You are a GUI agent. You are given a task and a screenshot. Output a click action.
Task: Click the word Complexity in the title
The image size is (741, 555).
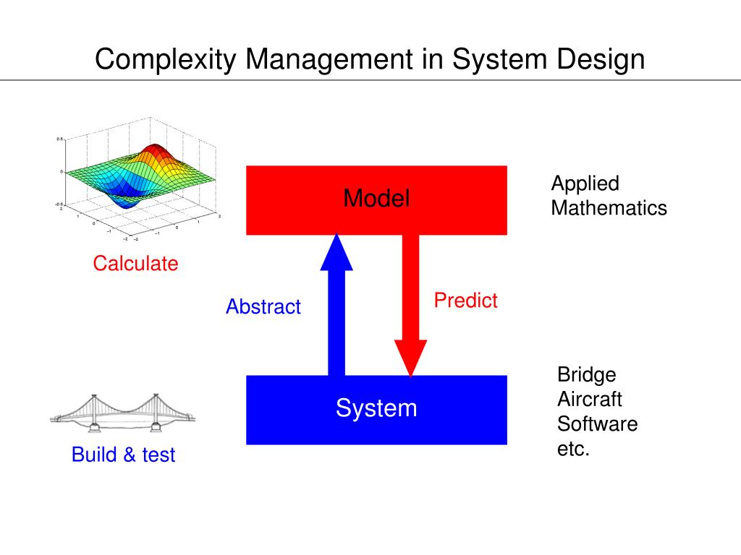pos(165,59)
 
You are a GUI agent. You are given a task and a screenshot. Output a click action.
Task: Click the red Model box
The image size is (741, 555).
pos(376,199)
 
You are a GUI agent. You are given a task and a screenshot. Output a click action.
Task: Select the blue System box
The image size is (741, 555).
pos(376,409)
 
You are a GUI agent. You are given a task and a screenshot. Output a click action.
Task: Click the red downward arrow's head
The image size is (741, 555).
pos(410,357)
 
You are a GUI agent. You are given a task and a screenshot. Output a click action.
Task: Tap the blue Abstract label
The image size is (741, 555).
pos(263,306)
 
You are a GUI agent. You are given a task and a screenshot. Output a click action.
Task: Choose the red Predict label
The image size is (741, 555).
pos(465,301)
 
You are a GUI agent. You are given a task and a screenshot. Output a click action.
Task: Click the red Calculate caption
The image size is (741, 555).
pos(135,264)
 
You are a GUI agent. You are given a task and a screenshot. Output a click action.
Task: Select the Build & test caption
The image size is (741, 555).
pos(123,455)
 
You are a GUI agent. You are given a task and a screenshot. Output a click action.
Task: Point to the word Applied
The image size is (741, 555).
pos(585,184)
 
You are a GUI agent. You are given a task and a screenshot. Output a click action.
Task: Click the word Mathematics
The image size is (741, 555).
pos(609,209)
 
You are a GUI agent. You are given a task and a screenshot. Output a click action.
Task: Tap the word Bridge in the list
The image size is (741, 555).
pos(586,375)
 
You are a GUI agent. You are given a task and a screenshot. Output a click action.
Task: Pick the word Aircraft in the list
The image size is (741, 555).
pos(589,399)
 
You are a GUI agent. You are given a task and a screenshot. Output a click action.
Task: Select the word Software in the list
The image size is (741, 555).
pos(597,423)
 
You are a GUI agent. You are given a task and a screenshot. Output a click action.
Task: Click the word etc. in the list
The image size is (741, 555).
pos(573,448)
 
